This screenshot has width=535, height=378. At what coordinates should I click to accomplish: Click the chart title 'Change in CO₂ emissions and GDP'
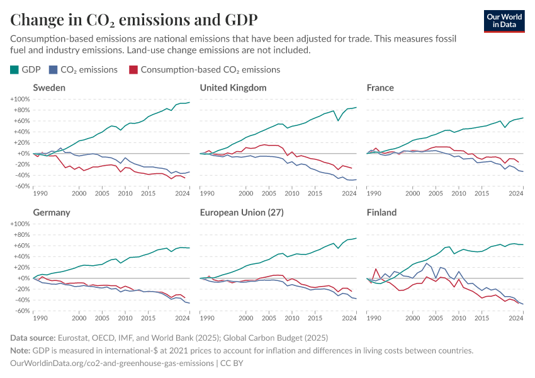[x=133, y=19]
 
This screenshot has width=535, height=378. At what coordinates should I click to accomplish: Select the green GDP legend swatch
[x=14, y=70]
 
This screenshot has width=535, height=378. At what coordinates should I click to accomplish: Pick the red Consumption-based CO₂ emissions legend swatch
[x=133, y=70]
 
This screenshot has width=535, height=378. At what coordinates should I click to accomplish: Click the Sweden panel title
[x=49, y=88]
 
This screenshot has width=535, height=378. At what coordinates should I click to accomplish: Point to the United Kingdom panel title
[x=233, y=88]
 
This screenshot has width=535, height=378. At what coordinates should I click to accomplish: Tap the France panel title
[x=380, y=88]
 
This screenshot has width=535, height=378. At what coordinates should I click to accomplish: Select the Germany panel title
[x=52, y=212]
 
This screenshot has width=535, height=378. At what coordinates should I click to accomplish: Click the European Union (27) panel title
[x=242, y=212]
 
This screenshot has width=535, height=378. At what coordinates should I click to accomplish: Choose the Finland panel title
[x=381, y=212]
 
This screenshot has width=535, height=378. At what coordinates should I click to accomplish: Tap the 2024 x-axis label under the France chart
[x=516, y=193]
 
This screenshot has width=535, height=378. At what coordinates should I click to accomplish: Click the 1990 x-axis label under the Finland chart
[x=374, y=318]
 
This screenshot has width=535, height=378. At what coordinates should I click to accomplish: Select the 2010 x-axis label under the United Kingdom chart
[x=291, y=193]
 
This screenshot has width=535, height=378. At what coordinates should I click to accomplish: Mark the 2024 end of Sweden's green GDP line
[x=189, y=103]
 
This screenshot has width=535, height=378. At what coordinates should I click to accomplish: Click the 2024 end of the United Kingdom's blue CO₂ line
[x=356, y=180]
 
